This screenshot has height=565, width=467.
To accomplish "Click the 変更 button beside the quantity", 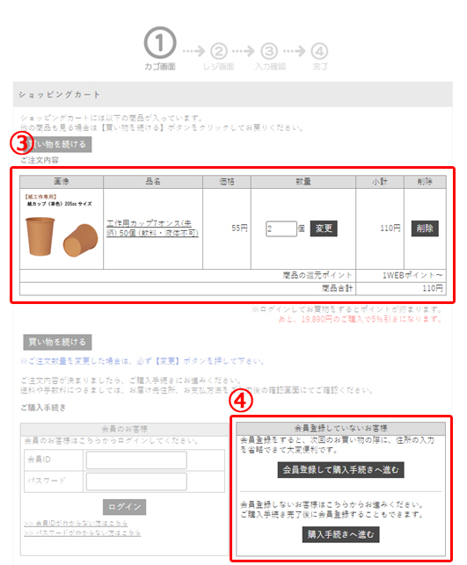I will (x=323, y=228).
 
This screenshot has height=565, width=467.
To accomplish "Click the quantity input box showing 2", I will (x=281, y=228).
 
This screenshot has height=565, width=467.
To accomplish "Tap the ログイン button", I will (x=124, y=507).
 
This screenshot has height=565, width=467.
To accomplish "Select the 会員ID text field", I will (x=136, y=460).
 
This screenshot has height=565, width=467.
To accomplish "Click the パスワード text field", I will (x=136, y=482).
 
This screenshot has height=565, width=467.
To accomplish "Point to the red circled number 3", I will (x=21, y=141).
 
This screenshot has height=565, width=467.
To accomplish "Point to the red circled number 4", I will (x=243, y=400).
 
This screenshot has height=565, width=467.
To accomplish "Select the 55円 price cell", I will (x=238, y=228).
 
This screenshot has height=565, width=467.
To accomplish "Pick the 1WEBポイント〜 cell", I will (x=413, y=275).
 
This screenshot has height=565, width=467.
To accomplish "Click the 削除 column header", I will (x=426, y=182).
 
